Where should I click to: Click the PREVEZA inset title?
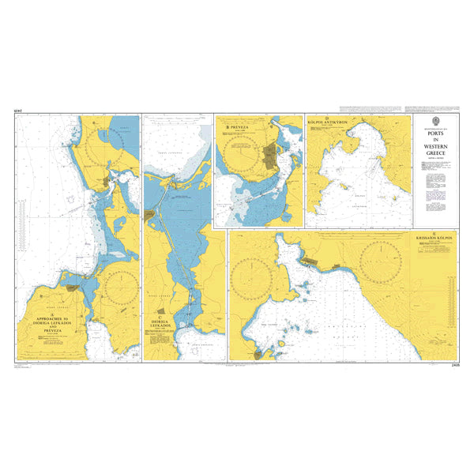(238, 126)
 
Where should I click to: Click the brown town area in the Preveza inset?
(272, 155)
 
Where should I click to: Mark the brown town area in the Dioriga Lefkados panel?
(150, 214)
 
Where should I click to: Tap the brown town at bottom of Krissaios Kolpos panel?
(258, 354)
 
